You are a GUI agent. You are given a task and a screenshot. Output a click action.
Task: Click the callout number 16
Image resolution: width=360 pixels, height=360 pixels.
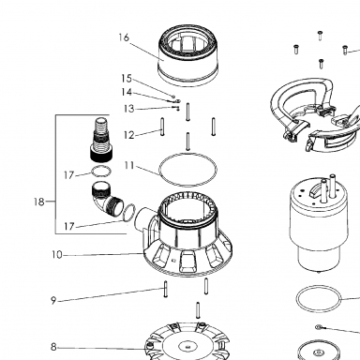point(124,37)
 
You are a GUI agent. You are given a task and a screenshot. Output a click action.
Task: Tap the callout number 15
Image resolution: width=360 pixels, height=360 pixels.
point(127,79)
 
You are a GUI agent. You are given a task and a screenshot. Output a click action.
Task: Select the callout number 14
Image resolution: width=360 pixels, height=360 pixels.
point(127,92)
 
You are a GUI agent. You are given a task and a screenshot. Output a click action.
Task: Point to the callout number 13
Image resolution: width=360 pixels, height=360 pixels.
point(128,109)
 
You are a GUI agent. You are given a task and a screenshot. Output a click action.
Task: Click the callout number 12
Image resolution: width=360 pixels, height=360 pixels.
point(128,135)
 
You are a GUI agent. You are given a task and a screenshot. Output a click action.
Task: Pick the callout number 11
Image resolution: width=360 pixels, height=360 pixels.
point(129,165)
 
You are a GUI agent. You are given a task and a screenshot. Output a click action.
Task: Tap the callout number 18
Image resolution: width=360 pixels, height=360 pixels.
point(39,202)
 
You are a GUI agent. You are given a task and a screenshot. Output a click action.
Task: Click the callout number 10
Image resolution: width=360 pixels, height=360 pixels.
point(57,255)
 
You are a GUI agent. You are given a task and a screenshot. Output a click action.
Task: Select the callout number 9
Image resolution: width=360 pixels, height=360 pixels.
point(53,301)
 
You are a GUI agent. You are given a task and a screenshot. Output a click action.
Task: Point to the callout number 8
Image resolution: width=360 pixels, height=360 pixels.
point(53,347)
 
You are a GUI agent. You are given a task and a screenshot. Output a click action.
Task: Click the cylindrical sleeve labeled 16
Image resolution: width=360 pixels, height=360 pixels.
point(187,55)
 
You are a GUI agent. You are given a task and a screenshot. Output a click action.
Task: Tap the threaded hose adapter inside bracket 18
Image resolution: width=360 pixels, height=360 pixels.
point(101,140)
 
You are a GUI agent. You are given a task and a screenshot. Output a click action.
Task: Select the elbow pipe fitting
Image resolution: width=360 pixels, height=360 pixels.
point(107,200)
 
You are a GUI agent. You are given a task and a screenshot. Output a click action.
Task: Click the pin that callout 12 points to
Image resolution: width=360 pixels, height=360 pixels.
point(162,127)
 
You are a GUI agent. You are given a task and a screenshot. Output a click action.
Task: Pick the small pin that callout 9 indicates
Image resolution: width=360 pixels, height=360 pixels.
point(166,289)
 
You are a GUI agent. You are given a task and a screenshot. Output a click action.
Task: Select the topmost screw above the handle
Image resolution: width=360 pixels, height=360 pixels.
point(320,35)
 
